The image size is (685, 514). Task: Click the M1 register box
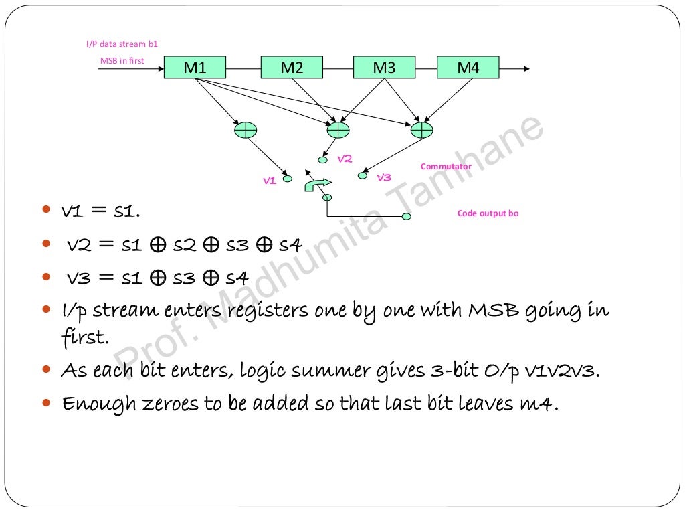pos(195,68)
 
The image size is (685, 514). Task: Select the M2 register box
pos(292,68)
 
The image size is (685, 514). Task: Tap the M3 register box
pos(384,68)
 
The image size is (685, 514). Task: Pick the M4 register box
pos(468,68)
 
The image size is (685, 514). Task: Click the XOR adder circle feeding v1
pos(246,130)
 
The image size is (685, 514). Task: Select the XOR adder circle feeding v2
pos(338,128)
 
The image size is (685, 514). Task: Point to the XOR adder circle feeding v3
pos(422,128)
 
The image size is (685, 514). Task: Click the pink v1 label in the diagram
pos(270,180)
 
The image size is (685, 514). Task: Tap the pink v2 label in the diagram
pos(345,159)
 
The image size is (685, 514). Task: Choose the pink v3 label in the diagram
pos(383,177)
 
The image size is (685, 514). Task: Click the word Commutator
pos(446,167)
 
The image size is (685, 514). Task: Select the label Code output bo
pos(488,213)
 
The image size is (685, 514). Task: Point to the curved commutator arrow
pos(318,183)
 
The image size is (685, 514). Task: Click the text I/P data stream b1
pos(122,44)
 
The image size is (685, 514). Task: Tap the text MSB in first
pos(122,61)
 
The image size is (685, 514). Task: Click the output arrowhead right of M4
pos(528,68)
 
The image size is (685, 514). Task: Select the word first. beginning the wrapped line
pos(85,337)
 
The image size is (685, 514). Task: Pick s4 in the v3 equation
pos(237,277)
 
